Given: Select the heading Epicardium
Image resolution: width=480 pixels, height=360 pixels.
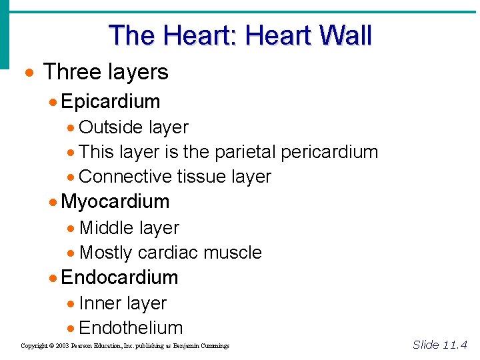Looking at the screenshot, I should (x=111, y=101).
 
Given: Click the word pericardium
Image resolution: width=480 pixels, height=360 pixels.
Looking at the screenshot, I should (x=329, y=152).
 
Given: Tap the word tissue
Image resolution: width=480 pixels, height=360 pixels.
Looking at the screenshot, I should (x=202, y=177).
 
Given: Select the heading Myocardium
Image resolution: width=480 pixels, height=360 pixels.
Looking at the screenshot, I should (x=115, y=201).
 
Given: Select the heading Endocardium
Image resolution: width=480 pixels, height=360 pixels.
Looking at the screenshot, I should (x=119, y=277).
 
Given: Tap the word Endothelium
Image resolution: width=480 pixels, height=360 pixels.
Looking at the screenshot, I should (x=131, y=328).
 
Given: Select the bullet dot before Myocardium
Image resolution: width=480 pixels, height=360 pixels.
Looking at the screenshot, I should (x=53, y=202).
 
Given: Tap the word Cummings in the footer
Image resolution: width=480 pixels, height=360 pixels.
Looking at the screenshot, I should (x=213, y=346).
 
